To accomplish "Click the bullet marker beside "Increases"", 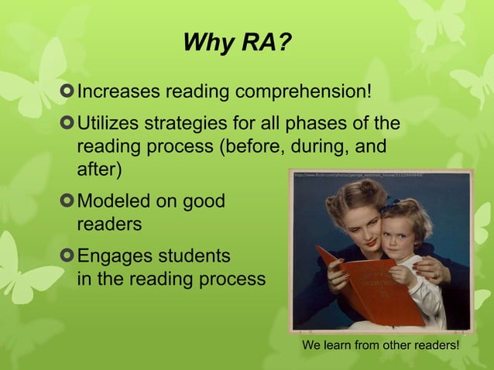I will tap(67, 93).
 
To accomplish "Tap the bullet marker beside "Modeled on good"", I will tap(67, 202).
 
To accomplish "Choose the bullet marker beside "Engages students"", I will tap(67, 255).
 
